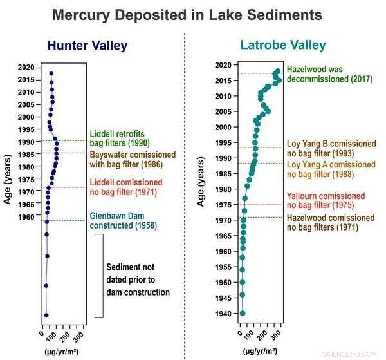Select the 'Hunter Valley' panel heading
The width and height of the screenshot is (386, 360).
point(87,46)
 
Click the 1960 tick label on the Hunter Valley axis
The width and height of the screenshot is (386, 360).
point(26,217)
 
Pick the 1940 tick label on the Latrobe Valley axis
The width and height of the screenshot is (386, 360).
point(223,314)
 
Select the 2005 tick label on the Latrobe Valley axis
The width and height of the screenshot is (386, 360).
point(223,111)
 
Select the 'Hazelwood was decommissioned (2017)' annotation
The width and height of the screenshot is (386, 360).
point(324,74)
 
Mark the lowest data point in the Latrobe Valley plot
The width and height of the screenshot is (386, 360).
point(243,313)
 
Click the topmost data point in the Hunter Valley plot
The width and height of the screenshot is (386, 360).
point(51,73)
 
